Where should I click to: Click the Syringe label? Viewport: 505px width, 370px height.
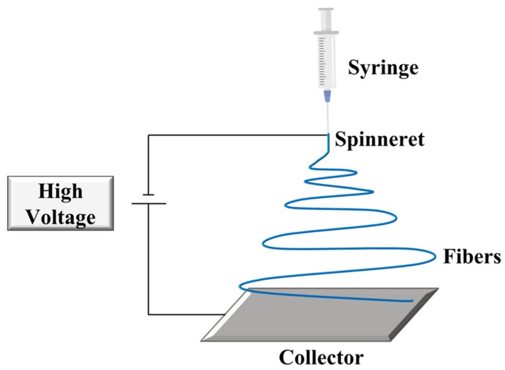click(x=383, y=67)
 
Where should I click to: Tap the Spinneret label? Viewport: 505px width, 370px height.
click(x=379, y=139)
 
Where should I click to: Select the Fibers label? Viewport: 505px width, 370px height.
click(x=472, y=256)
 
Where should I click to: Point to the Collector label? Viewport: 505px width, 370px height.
click(x=321, y=357)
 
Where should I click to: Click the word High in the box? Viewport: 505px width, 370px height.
click(x=60, y=191)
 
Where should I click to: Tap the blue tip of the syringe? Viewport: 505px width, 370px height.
click(x=326, y=96)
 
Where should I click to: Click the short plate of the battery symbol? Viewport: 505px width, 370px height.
click(x=148, y=195)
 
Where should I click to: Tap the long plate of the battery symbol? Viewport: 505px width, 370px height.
click(x=148, y=203)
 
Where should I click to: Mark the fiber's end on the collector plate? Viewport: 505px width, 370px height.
click(x=412, y=301)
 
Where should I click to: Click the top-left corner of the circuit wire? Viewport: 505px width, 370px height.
click(x=148, y=135)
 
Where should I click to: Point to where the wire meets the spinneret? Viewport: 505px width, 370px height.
click(x=328, y=135)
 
